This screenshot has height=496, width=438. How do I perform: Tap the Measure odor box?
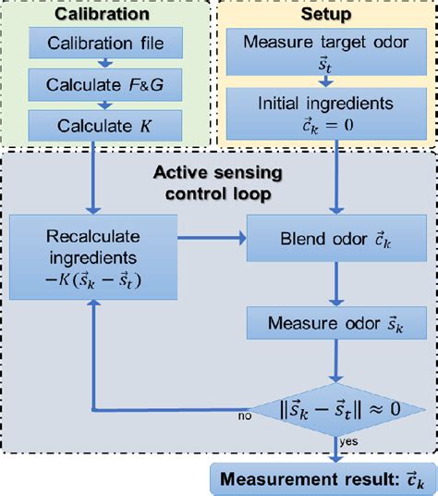[x=336, y=323]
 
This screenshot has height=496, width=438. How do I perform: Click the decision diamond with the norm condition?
[x=336, y=406]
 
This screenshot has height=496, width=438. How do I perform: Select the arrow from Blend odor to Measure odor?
[x=336, y=292]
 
